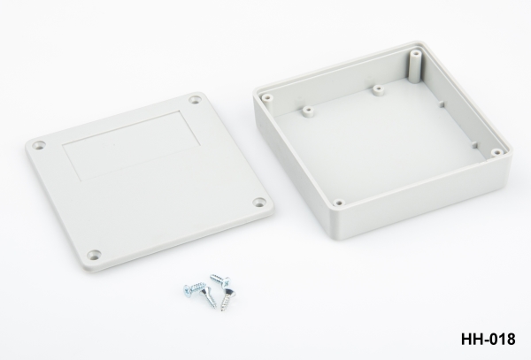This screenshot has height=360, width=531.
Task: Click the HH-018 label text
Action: click(x=489, y=339)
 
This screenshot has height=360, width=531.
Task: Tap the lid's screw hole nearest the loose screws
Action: click(x=94, y=254)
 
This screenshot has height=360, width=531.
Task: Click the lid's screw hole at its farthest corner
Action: click(x=195, y=100)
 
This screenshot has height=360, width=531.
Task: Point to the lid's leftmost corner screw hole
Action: click(x=39, y=145)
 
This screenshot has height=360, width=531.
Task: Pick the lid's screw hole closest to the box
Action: click(x=259, y=202)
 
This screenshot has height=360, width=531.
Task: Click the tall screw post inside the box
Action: click(x=415, y=66)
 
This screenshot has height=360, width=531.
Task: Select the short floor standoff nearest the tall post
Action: click(x=378, y=92)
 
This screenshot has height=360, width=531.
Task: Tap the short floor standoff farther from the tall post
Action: click(x=307, y=112)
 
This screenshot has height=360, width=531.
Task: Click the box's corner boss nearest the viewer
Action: click(x=338, y=203)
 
